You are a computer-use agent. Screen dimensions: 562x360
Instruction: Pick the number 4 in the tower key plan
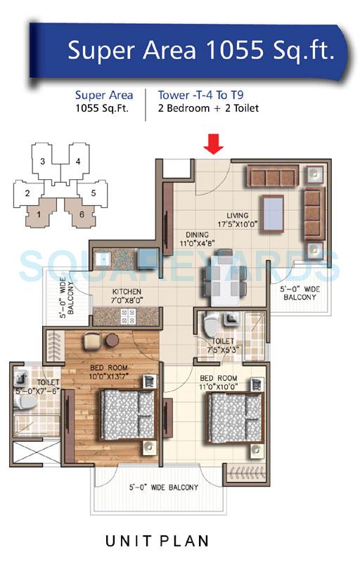(78, 161)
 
